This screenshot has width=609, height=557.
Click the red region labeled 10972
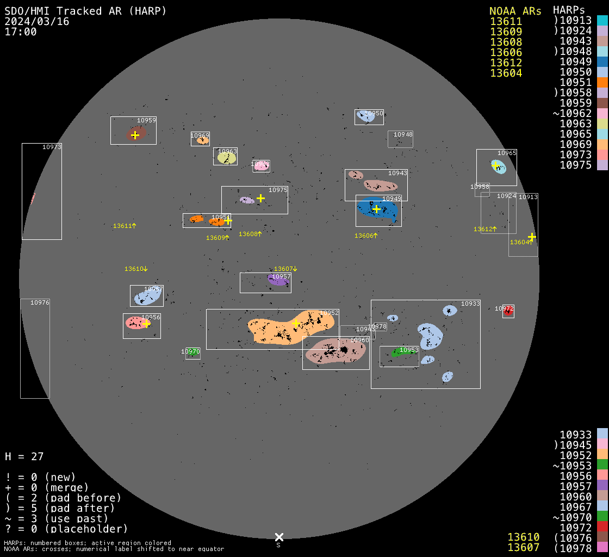click(508, 312)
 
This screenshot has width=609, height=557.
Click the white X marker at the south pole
click(279, 537)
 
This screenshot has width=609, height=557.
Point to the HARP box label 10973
click(52, 147)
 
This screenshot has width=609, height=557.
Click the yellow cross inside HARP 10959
click(135, 135)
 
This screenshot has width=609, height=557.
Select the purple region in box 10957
click(277, 280)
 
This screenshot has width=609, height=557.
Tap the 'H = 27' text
click(24, 456)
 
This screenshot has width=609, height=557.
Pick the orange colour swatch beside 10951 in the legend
click(602, 82)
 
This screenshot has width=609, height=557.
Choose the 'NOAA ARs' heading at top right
click(515, 11)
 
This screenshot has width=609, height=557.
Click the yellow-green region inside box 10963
click(226, 158)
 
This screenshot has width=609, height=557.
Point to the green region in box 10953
click(402, 352)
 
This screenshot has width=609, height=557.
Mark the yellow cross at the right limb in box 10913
click(532, 237)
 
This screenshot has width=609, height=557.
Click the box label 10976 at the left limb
click(40, 302)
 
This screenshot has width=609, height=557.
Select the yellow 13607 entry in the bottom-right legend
click(523, 547)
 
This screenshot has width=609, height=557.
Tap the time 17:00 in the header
click(21, 32)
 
